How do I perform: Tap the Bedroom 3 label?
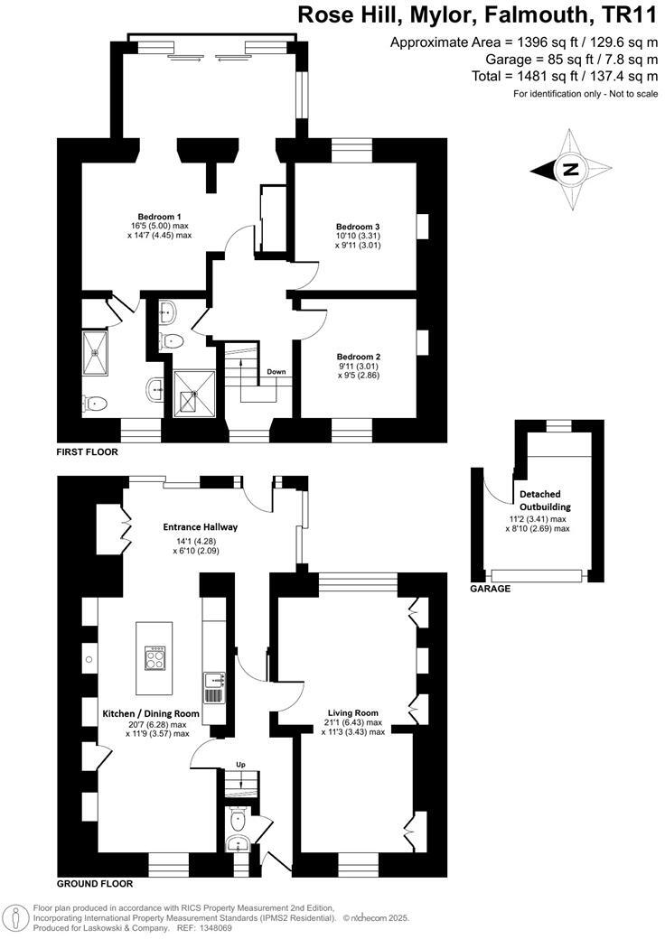(357, 226)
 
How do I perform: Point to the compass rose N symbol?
(569, 169)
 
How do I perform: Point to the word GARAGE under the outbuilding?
(490, 589)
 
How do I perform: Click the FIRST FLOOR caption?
(87, 451)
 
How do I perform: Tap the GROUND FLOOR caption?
(94, 884)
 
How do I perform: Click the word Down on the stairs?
(276, 372)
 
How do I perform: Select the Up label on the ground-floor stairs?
(240, 764)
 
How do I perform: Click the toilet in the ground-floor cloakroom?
(238, 819)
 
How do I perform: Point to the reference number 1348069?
(227, 927)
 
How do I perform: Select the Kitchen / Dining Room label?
(145, 713)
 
